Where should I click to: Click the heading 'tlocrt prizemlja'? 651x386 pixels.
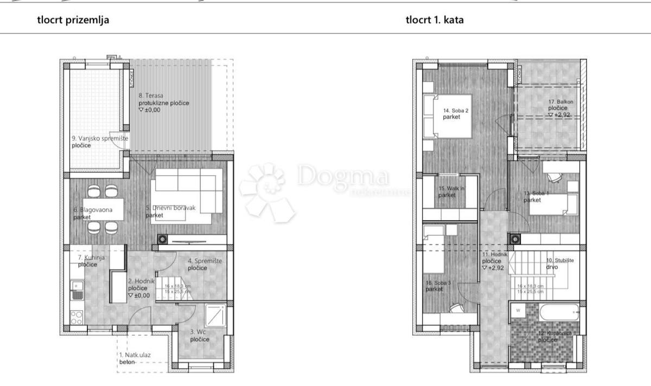click(73, 20)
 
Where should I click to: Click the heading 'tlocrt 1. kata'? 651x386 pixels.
click(434, 20)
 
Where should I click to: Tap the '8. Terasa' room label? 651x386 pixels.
click(151, 96)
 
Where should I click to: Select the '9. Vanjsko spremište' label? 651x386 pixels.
click(100, 138)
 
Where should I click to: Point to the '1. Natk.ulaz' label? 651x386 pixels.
click(136, 355)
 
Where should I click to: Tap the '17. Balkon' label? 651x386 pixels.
click(559, 101)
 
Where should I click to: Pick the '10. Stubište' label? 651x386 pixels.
click(560, 260)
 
